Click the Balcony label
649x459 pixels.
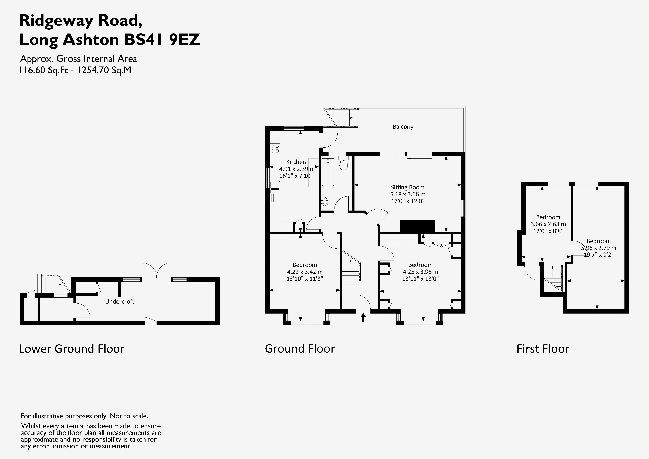click(x=403, y=127)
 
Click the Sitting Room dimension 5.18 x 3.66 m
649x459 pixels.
click(x=407, y=194)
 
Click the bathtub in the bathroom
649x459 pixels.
click(x=328, y=174)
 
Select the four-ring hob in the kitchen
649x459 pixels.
click(x=275, y=148)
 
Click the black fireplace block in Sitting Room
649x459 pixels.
click(x=417, y=226)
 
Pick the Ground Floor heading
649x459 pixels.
click(x=300, y=349)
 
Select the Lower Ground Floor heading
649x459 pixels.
click(x=72, y=349)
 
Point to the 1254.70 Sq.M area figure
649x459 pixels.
click(x=104, y=70)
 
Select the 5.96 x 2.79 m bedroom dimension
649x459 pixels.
click(x=598, y=248)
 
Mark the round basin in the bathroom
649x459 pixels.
click(x=324, y=202)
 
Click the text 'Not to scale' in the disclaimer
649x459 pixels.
click(x=129, y=416)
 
